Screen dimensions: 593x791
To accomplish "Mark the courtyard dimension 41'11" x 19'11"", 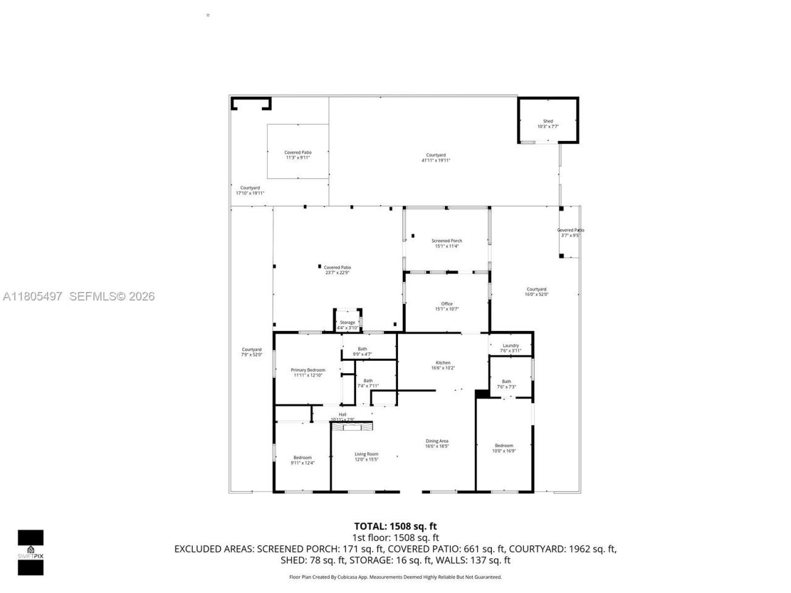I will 436,161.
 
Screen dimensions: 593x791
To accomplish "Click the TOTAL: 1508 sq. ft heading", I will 395,526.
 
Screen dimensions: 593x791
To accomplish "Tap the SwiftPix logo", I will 30,552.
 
